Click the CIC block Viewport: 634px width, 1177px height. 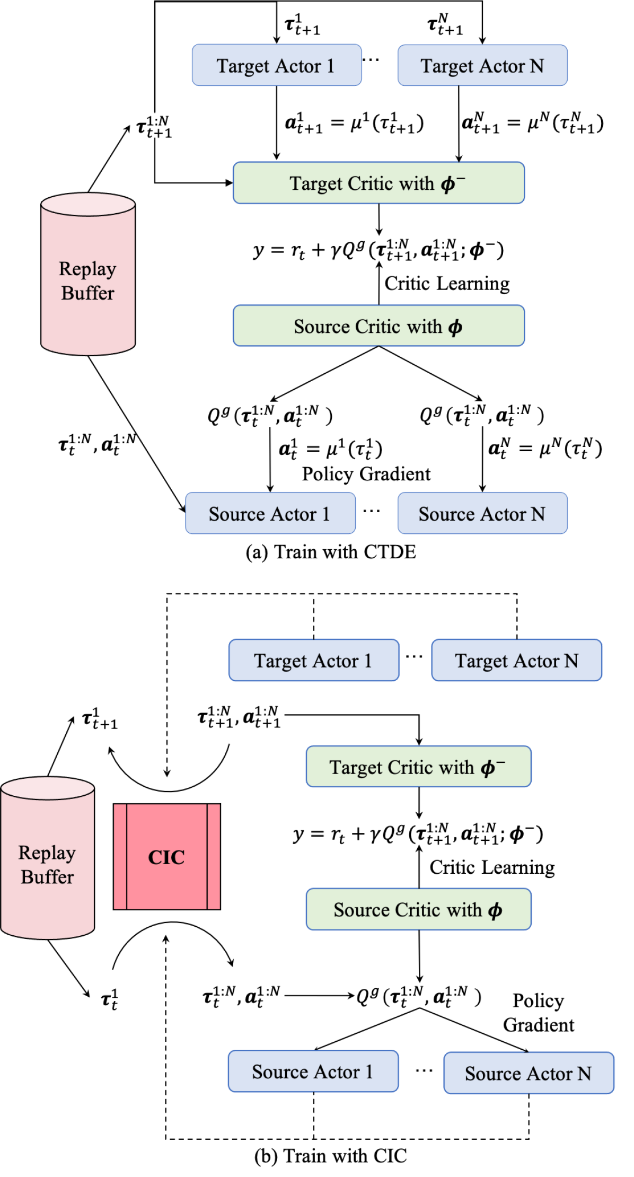pyautogui.click(x=166, y=857)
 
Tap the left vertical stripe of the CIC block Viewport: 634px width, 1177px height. pyautogui.click(x=120, y=857)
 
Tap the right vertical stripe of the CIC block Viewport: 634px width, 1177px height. pyautogui.click(x=214, y=857)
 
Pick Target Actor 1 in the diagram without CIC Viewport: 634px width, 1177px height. pyautogui.click(x=276, y=66)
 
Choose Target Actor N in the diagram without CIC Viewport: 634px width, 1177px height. pyautogui.click(x=482, y=66)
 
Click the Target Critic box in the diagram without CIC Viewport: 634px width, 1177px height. pyautogui.click(x=378, y=183)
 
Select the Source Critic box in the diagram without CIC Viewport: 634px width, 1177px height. pyautogui.click(x=378, y=327)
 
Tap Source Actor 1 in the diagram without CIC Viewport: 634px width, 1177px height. pyautogui.click(x=270, y=514)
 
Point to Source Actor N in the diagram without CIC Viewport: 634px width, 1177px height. pyautogui.click(x=482, y=514)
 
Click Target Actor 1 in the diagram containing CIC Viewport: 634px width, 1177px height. pyautogui.click(x=313, y=661)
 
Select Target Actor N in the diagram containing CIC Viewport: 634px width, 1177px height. pyautogui.click(x=516, y=661)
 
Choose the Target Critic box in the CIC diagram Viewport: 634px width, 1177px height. pyautogui.click(x=418, y=767)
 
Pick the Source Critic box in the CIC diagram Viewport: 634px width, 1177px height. pyautogui.click(x=418, y=910)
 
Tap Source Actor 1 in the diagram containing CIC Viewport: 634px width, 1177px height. pyautogui.click(x=313, y=1071)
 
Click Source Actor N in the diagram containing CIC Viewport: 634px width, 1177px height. pyautogui.click(x=529, y=1074)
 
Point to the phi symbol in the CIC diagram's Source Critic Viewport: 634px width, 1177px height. pyautogui.click(x=495, y=911)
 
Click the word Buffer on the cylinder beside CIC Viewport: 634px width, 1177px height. pyautogui.click(x=47, y=877)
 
